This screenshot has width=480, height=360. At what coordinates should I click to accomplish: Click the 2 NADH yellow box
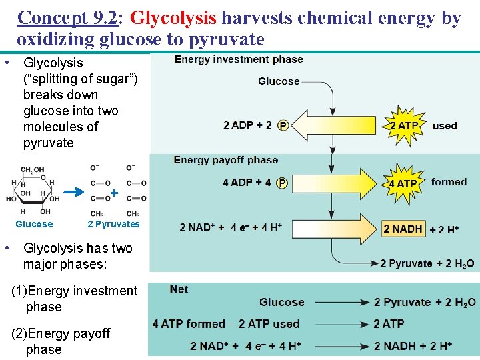(x=403, y=229)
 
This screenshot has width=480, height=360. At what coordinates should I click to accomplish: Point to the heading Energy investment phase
(x=239, y=59)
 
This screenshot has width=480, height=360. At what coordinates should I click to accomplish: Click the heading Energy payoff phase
(x=226, y=160)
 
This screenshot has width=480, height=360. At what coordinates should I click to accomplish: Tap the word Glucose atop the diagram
(x=279, y=81)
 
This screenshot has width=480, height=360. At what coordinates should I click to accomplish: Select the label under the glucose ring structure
(x=34, y=224)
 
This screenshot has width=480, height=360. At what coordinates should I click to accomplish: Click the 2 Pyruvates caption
(x=113, y=224)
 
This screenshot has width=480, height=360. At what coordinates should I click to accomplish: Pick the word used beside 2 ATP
(x=445, y=125)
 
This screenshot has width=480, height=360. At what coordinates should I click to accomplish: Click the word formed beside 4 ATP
(x=449, y=181)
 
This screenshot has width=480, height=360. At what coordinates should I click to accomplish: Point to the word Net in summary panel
(x=179, y=289)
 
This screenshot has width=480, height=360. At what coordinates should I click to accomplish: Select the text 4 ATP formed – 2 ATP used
(x=226, y=324)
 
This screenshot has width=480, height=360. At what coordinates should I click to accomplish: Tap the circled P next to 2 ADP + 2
(x=283, y=125)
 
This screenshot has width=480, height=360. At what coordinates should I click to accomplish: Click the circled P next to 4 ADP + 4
(x=283, y=183)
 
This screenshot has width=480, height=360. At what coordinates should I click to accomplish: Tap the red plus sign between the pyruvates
(x=114, y=193)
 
